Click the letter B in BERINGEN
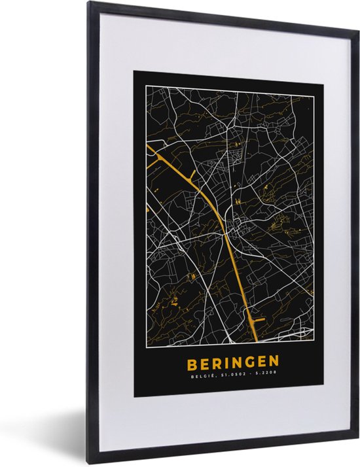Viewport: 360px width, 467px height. [191, 362]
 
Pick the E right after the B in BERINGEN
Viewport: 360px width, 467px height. [204, 362]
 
